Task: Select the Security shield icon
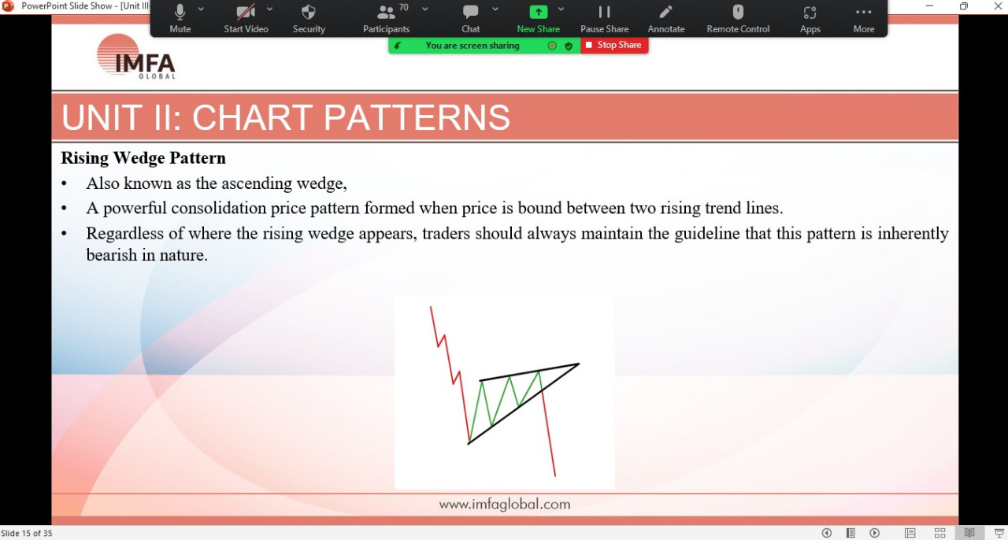point(309,12)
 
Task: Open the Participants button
point(386,18)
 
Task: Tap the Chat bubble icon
point(471,12)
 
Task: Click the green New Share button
point(538,18)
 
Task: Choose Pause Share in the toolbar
point(604,18)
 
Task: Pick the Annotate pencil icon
point(665,12)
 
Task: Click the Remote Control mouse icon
point(738,12)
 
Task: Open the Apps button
point(810,18)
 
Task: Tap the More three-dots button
point(864,18)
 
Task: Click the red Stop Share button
point(614,46)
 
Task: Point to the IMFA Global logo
point(136,57)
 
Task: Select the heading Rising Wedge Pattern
point(143,158)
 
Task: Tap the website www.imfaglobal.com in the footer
point(505,504)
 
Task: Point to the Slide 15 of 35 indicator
point(27,533)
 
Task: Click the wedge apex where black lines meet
point(579,364)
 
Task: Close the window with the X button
point(998,6)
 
